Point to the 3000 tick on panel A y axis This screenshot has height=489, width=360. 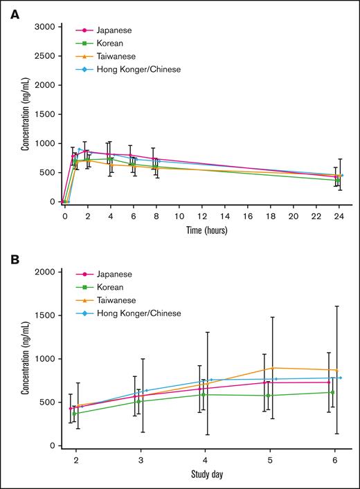44,26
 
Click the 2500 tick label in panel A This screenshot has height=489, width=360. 44,55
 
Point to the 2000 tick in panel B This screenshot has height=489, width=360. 44,272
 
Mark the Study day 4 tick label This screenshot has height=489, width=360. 205,459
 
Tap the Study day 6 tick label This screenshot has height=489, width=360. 334,459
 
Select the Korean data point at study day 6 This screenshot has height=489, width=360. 332,392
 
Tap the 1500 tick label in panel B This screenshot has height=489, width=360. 44,315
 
